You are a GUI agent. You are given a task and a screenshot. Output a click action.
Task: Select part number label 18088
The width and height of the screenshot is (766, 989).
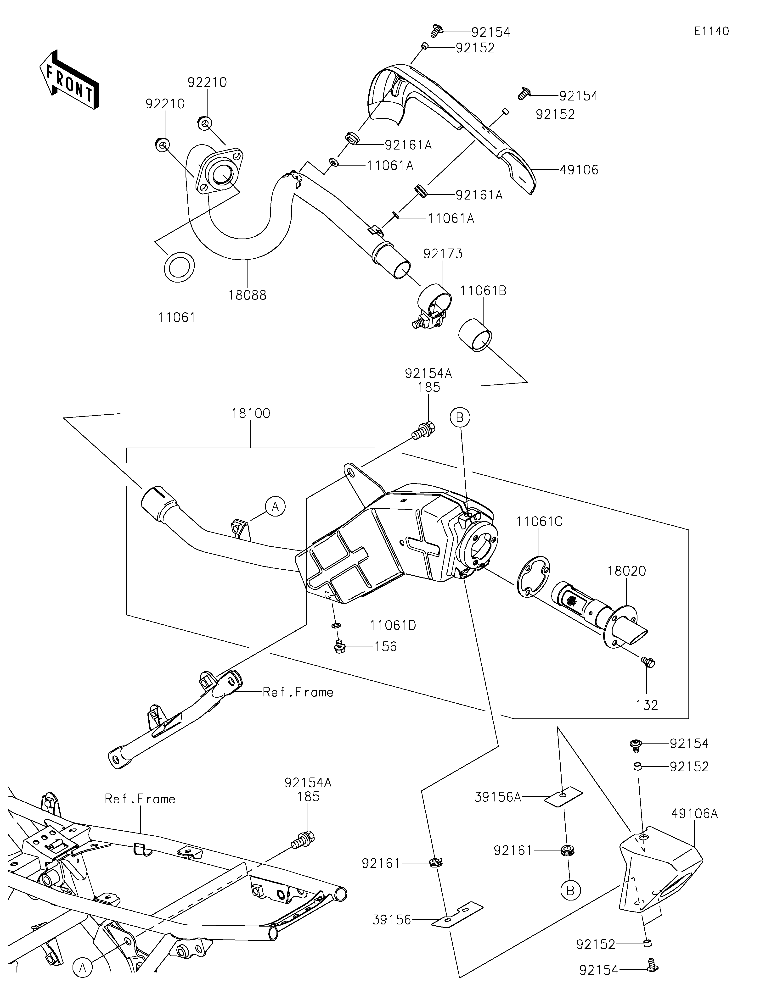pos(247,295)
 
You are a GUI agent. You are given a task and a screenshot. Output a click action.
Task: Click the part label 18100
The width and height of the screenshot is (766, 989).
pos(251,413)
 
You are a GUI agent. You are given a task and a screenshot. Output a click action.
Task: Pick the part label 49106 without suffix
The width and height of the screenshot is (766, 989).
pos(579,170)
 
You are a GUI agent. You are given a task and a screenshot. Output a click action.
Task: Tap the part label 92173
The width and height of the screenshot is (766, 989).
pos(443,254)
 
